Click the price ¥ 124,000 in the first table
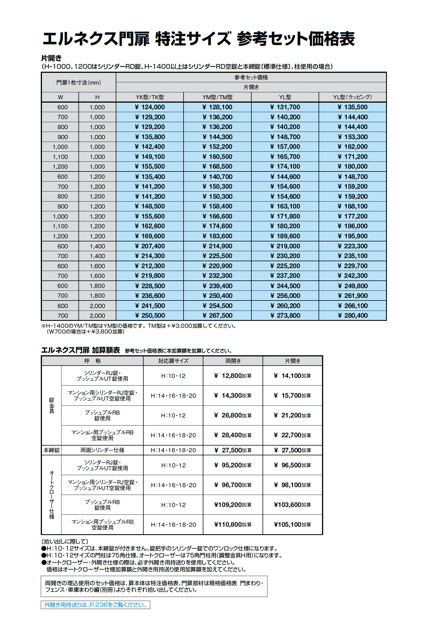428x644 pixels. pos(150,107)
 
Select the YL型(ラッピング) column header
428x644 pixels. pos(352,97)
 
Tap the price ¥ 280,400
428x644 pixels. pos(352,316)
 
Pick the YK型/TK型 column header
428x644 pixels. pos(150,97)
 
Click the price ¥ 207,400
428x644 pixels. pos(150,246)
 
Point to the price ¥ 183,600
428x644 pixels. pos(217,236)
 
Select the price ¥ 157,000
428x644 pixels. pos(285,147)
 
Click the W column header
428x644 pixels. pos(60,97)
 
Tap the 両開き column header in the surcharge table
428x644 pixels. pos(233,361)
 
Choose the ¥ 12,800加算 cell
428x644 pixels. pos(233,376)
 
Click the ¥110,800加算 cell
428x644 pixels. pos(233,525)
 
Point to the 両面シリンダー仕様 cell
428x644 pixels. pos(102,450)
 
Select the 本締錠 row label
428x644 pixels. pos(52,450)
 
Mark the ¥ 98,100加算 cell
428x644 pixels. pos(292,485)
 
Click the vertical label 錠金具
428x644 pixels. pos(52,405)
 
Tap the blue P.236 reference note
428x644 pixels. pos(95,605)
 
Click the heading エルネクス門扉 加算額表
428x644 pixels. pos(81,350)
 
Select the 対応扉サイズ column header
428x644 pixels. pos(173,361)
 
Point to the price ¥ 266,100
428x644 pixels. pos(352,306)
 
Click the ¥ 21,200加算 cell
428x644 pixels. pos(292,415)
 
